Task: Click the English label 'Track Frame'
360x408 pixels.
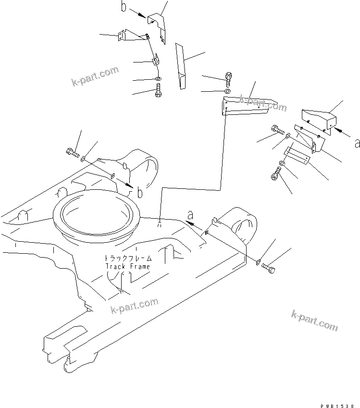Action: (x=127, y=266)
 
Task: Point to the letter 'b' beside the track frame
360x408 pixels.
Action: (x=139, y=193)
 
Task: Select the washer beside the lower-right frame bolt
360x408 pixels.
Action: (x=259, y=262)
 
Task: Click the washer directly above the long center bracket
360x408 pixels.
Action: (x=228, y=91)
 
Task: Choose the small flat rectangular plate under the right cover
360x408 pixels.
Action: (x=298, y=154)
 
